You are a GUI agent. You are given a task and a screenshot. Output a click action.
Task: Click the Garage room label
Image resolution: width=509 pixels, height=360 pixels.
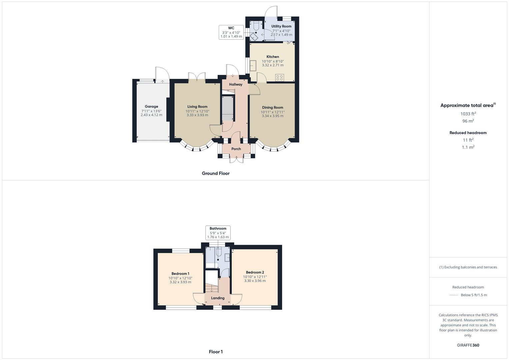click(x=151, y=106)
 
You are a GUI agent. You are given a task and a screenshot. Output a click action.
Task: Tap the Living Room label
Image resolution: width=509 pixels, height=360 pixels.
click(x=197, y=107)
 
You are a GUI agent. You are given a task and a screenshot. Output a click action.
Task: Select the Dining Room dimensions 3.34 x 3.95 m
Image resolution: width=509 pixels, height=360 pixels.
click(x=272, y=116)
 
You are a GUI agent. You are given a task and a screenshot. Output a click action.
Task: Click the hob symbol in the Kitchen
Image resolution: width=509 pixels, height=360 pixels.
click(x=279, y=78)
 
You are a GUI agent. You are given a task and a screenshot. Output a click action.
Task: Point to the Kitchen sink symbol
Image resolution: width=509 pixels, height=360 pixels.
click(x=253, y=66)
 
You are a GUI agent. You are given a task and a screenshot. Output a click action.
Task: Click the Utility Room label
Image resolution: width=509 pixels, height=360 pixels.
click(x=281, y=26)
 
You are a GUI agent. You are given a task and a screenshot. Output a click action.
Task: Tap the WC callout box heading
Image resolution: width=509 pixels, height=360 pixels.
click(x=231, y=28)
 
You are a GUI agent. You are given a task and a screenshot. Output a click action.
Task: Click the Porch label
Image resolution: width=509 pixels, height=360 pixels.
click(x=236, y=149)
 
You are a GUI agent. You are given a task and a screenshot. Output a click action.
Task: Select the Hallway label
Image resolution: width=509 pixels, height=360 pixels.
click(x=236, y=84)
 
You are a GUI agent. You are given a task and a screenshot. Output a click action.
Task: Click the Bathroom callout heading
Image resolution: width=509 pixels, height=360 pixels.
click(x=218, y=228)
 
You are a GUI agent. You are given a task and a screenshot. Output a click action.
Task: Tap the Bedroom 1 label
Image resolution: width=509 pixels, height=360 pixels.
click(x=180, y=274)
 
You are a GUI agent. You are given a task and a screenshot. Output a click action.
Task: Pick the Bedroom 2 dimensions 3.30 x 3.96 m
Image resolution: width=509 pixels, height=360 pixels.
click(x=255, y=281)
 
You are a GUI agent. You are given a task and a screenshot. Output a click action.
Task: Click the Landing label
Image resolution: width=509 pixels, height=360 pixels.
click(x=218, y=298)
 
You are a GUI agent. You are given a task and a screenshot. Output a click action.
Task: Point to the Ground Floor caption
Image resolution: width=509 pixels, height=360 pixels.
click(x=216, y=173)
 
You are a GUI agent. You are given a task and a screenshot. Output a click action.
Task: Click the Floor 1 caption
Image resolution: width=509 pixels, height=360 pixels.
click(x=216, y=352)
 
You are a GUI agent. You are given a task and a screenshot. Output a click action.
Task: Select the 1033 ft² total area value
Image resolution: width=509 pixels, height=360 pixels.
click(x=468, y=114)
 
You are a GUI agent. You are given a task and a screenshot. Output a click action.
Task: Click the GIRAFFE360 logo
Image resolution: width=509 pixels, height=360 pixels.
click(x=468, y=345)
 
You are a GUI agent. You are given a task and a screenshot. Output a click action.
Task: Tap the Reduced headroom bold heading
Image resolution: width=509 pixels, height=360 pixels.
click(x=468, y=133)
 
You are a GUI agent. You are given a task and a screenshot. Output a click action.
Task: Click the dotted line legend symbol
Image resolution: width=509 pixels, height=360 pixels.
click(x=454, y=295)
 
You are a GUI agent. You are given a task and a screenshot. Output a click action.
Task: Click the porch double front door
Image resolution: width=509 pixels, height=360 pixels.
click(x=237, y=160)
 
